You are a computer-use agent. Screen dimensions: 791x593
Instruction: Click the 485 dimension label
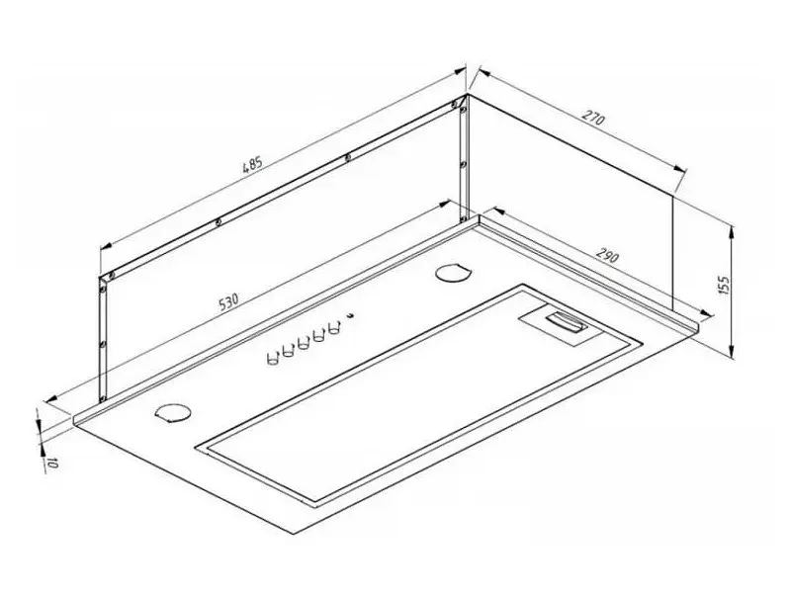point(253,165)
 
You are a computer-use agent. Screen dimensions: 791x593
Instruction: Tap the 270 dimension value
point(592,118)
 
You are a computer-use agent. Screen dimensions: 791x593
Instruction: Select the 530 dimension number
point(228,301)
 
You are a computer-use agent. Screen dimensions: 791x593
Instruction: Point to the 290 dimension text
point(607,255)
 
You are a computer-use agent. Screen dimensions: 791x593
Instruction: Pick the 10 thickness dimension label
point(50,463)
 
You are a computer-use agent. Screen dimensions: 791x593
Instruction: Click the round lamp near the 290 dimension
point(453,274)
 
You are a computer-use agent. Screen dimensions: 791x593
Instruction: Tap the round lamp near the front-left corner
point(173,412)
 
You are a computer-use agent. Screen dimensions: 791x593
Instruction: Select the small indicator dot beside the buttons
point(350,316)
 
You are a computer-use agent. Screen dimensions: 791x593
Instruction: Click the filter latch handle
point(565,322)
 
